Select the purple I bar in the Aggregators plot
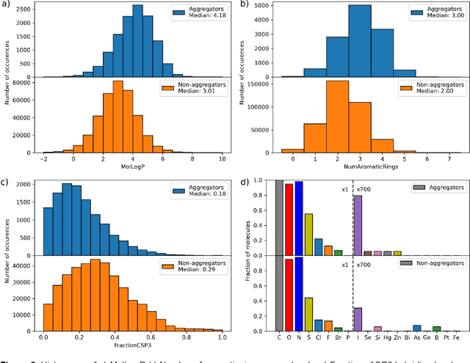358,223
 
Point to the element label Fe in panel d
456,337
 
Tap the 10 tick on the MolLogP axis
222,158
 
